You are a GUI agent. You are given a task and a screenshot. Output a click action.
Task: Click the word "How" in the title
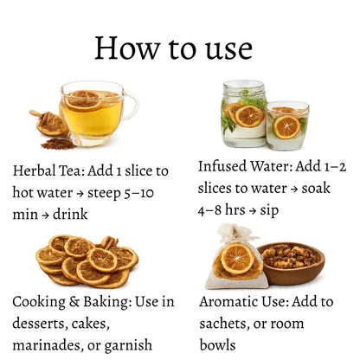pos(127,48)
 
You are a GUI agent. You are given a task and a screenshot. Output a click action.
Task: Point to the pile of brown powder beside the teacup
pos(59,144)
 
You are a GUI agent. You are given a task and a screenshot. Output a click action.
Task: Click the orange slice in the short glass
pos(287,127)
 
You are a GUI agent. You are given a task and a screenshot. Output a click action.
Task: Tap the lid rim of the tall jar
pos(244,87)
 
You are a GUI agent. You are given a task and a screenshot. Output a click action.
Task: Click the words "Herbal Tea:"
pos(48,170)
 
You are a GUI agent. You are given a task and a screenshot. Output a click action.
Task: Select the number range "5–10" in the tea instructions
pos(138,193)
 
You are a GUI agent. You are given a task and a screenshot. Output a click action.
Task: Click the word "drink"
pos(70,214)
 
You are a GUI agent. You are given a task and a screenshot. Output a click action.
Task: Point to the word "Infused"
pos(222,166)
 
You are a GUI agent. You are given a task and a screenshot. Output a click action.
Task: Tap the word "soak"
pos(316,189)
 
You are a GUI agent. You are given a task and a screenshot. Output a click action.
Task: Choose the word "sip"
pos(269,211)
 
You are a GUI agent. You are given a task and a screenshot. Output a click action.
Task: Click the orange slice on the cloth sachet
pos(237,259)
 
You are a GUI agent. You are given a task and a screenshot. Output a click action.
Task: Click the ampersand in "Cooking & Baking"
pos(74,302)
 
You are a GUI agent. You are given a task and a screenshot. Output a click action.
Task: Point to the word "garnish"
pos(128,345)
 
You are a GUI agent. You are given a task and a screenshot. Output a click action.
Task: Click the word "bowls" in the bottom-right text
pos(217,344)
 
